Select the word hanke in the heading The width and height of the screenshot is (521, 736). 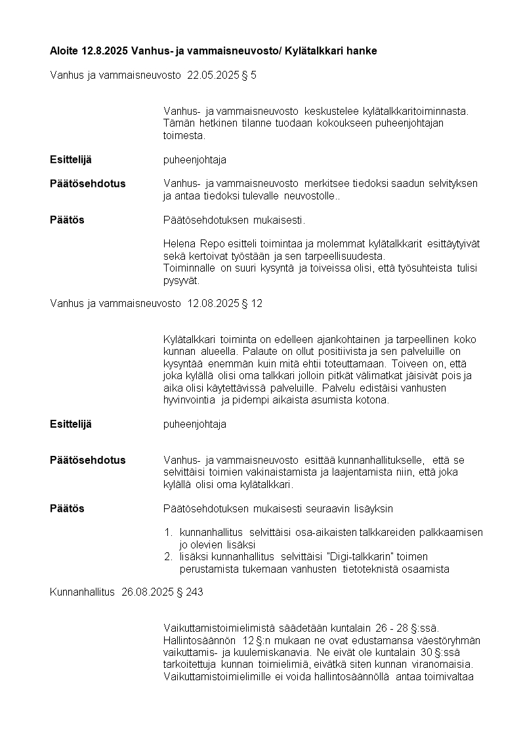click(x=362, y=51)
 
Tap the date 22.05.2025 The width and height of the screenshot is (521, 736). click(x=211, y=75)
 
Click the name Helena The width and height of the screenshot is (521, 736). click(x=179, y=244)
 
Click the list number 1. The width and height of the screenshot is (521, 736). click(x=167, y=533)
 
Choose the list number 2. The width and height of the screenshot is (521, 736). click(x=167, y=557)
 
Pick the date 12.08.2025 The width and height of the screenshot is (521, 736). click(x=211, y=303)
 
